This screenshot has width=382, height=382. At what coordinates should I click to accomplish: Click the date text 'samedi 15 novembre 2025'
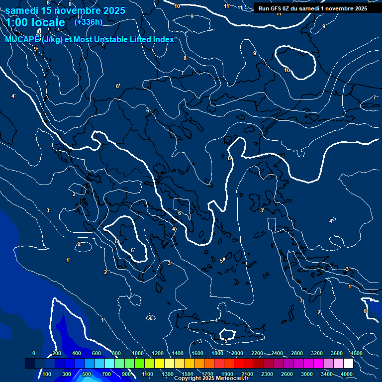[65, 10]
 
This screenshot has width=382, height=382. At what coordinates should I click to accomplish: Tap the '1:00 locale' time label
[35, 22]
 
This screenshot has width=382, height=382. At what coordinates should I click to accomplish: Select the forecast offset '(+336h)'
[88, 22]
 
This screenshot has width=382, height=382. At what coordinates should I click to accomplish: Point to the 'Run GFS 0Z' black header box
[313, 8]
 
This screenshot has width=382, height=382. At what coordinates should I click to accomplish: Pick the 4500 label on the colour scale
[356, 353]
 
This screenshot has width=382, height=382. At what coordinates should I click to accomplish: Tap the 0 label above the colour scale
[34, 353]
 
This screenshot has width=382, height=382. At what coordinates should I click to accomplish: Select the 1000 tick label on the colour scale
[138, 353]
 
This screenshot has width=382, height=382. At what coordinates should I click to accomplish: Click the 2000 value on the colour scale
[237, 353]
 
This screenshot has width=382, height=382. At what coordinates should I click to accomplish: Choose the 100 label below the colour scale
[47, 374]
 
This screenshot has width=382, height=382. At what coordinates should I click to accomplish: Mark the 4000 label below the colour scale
[347, 374]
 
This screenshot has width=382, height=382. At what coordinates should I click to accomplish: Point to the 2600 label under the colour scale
[287, 374]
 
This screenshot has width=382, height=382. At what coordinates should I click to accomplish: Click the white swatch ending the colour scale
[348, 364]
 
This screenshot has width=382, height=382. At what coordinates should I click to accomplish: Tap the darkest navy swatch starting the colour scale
[30, 364]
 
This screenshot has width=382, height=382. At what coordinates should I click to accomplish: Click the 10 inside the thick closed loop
[287, 70]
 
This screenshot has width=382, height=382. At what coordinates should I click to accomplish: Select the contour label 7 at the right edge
[374, 98]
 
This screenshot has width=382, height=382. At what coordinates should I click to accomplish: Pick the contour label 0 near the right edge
[365, 311]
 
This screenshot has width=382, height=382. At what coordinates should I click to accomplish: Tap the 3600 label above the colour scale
[337, 353]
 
